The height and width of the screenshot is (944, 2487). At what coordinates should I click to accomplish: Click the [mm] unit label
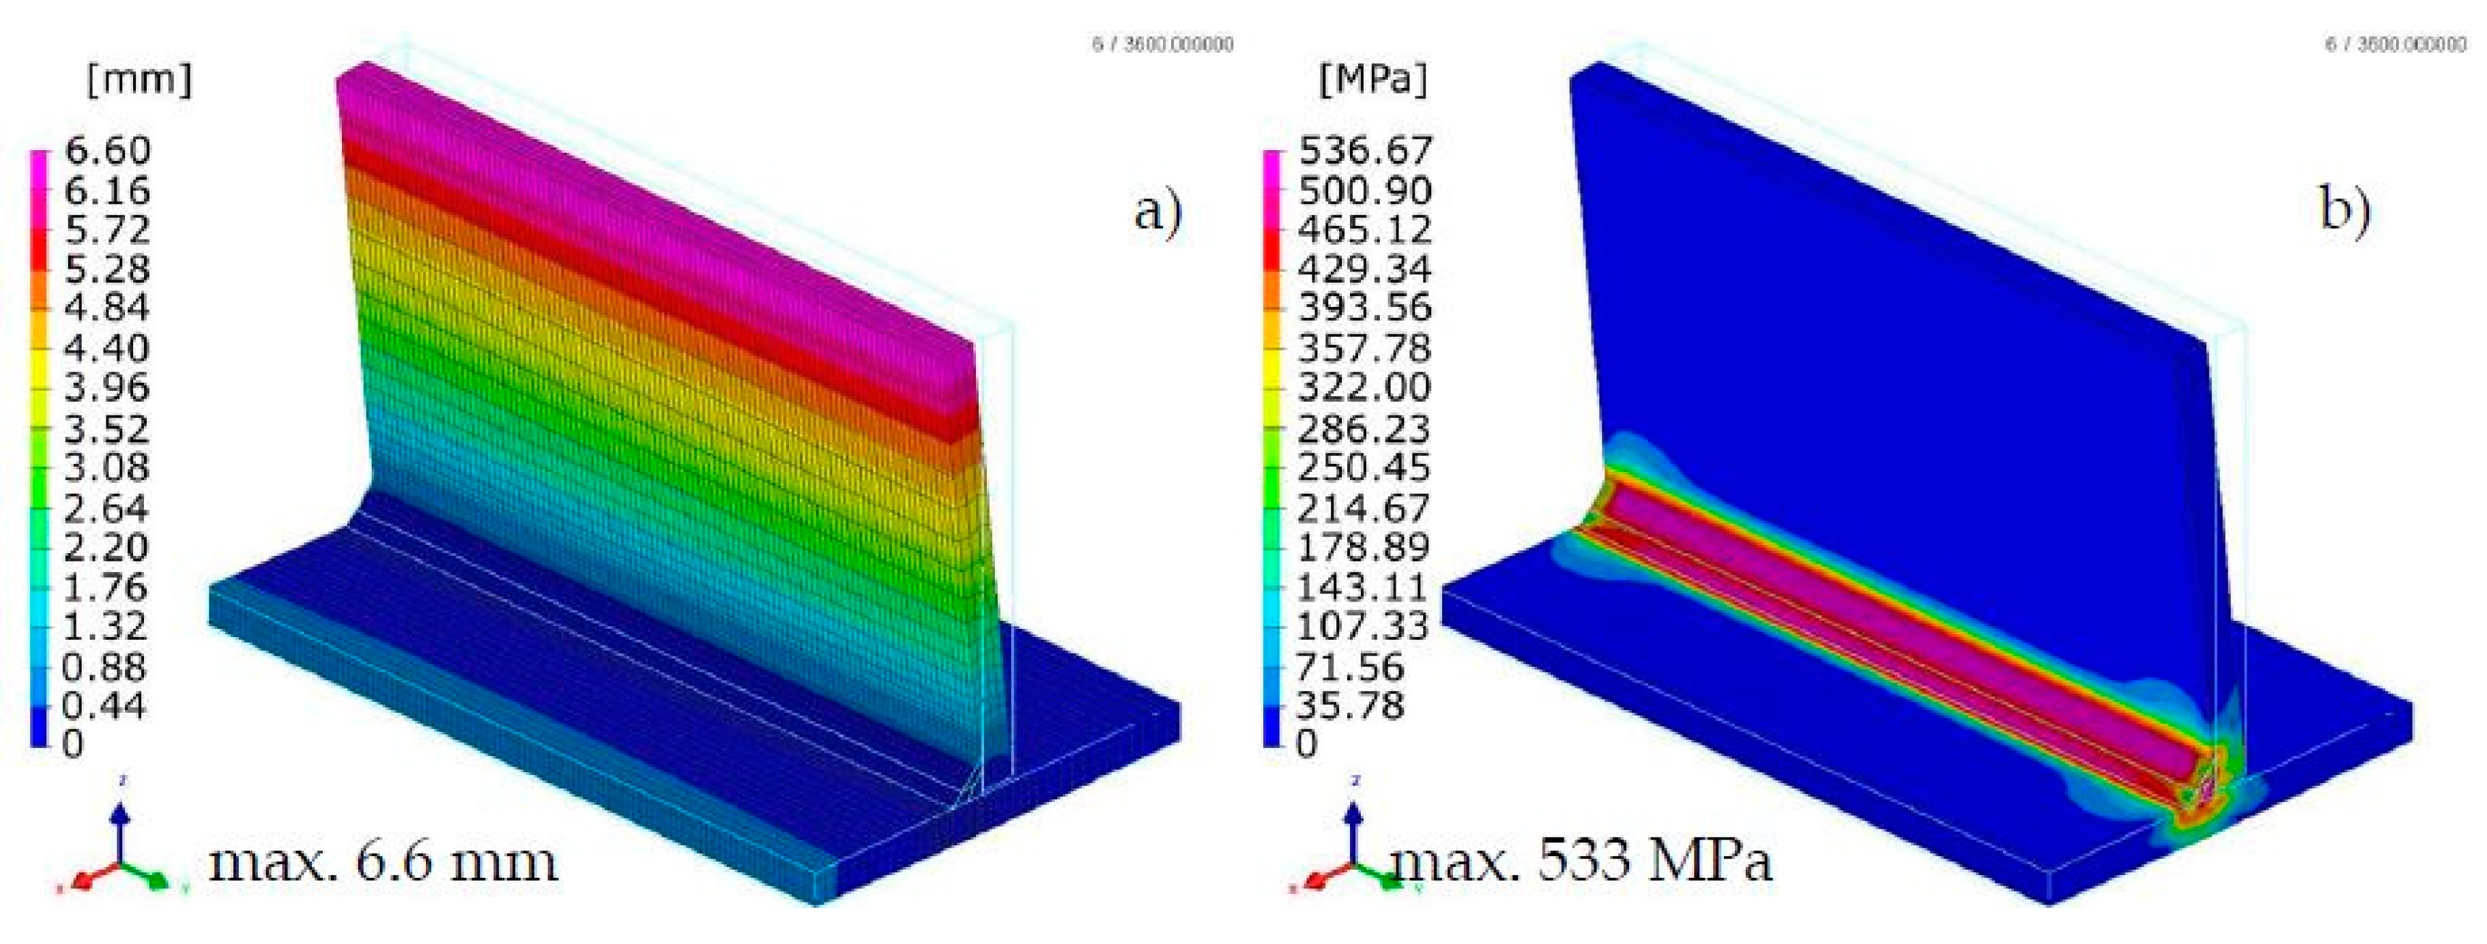[x=139, y=80]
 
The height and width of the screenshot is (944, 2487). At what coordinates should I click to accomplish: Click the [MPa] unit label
[x=1372, y=80]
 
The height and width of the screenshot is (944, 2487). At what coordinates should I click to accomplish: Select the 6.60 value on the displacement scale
[x=107, y=151]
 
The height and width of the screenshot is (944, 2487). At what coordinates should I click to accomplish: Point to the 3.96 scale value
[x=107, y=388]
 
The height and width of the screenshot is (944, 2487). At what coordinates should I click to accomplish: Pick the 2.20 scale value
[x=107, y=547]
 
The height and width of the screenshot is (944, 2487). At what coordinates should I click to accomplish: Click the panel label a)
[x=1158, y=210]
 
